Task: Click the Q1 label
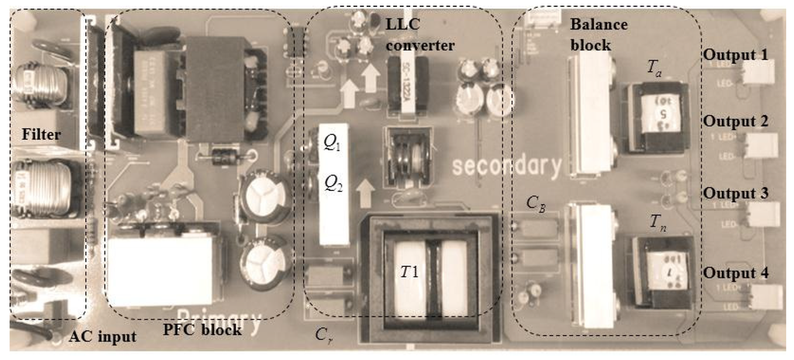click(x=330, y=143)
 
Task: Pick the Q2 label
click(x=331, y=184)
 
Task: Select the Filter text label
click(x=41, y=135)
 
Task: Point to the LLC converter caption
click(x=419, y=34)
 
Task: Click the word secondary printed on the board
click(x=507, y=166)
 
